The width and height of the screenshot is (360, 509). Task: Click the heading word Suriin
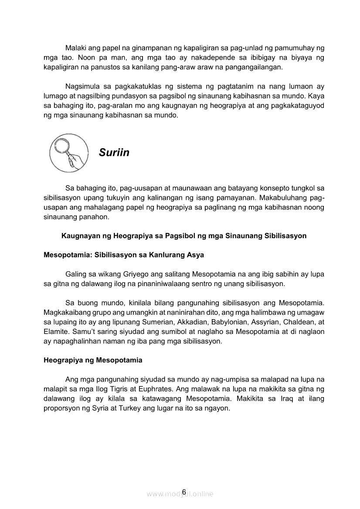(114, 152)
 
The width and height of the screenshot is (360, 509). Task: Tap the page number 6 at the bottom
(184, 492)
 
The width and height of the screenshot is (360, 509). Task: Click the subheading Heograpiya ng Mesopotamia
(93, 360)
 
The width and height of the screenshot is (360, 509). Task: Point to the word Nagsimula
(82, 86)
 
